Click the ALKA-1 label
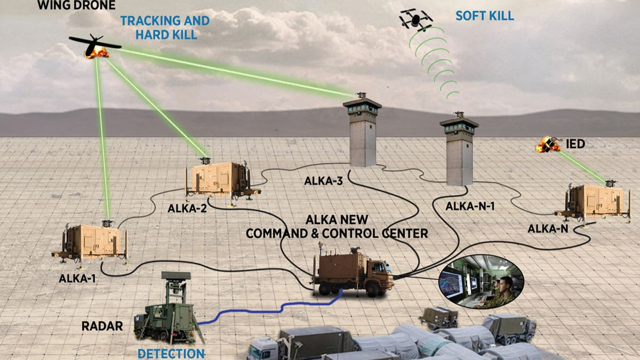pos(77,278)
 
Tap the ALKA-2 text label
pos(187,208)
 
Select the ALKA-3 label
pos(323,180)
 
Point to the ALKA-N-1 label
pos(470,205)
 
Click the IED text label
pos(575,144)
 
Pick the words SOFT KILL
pos(484,15)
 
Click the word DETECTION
pos(171,353)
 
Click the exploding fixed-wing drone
pos(95,46)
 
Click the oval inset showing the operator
pos(481,281)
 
